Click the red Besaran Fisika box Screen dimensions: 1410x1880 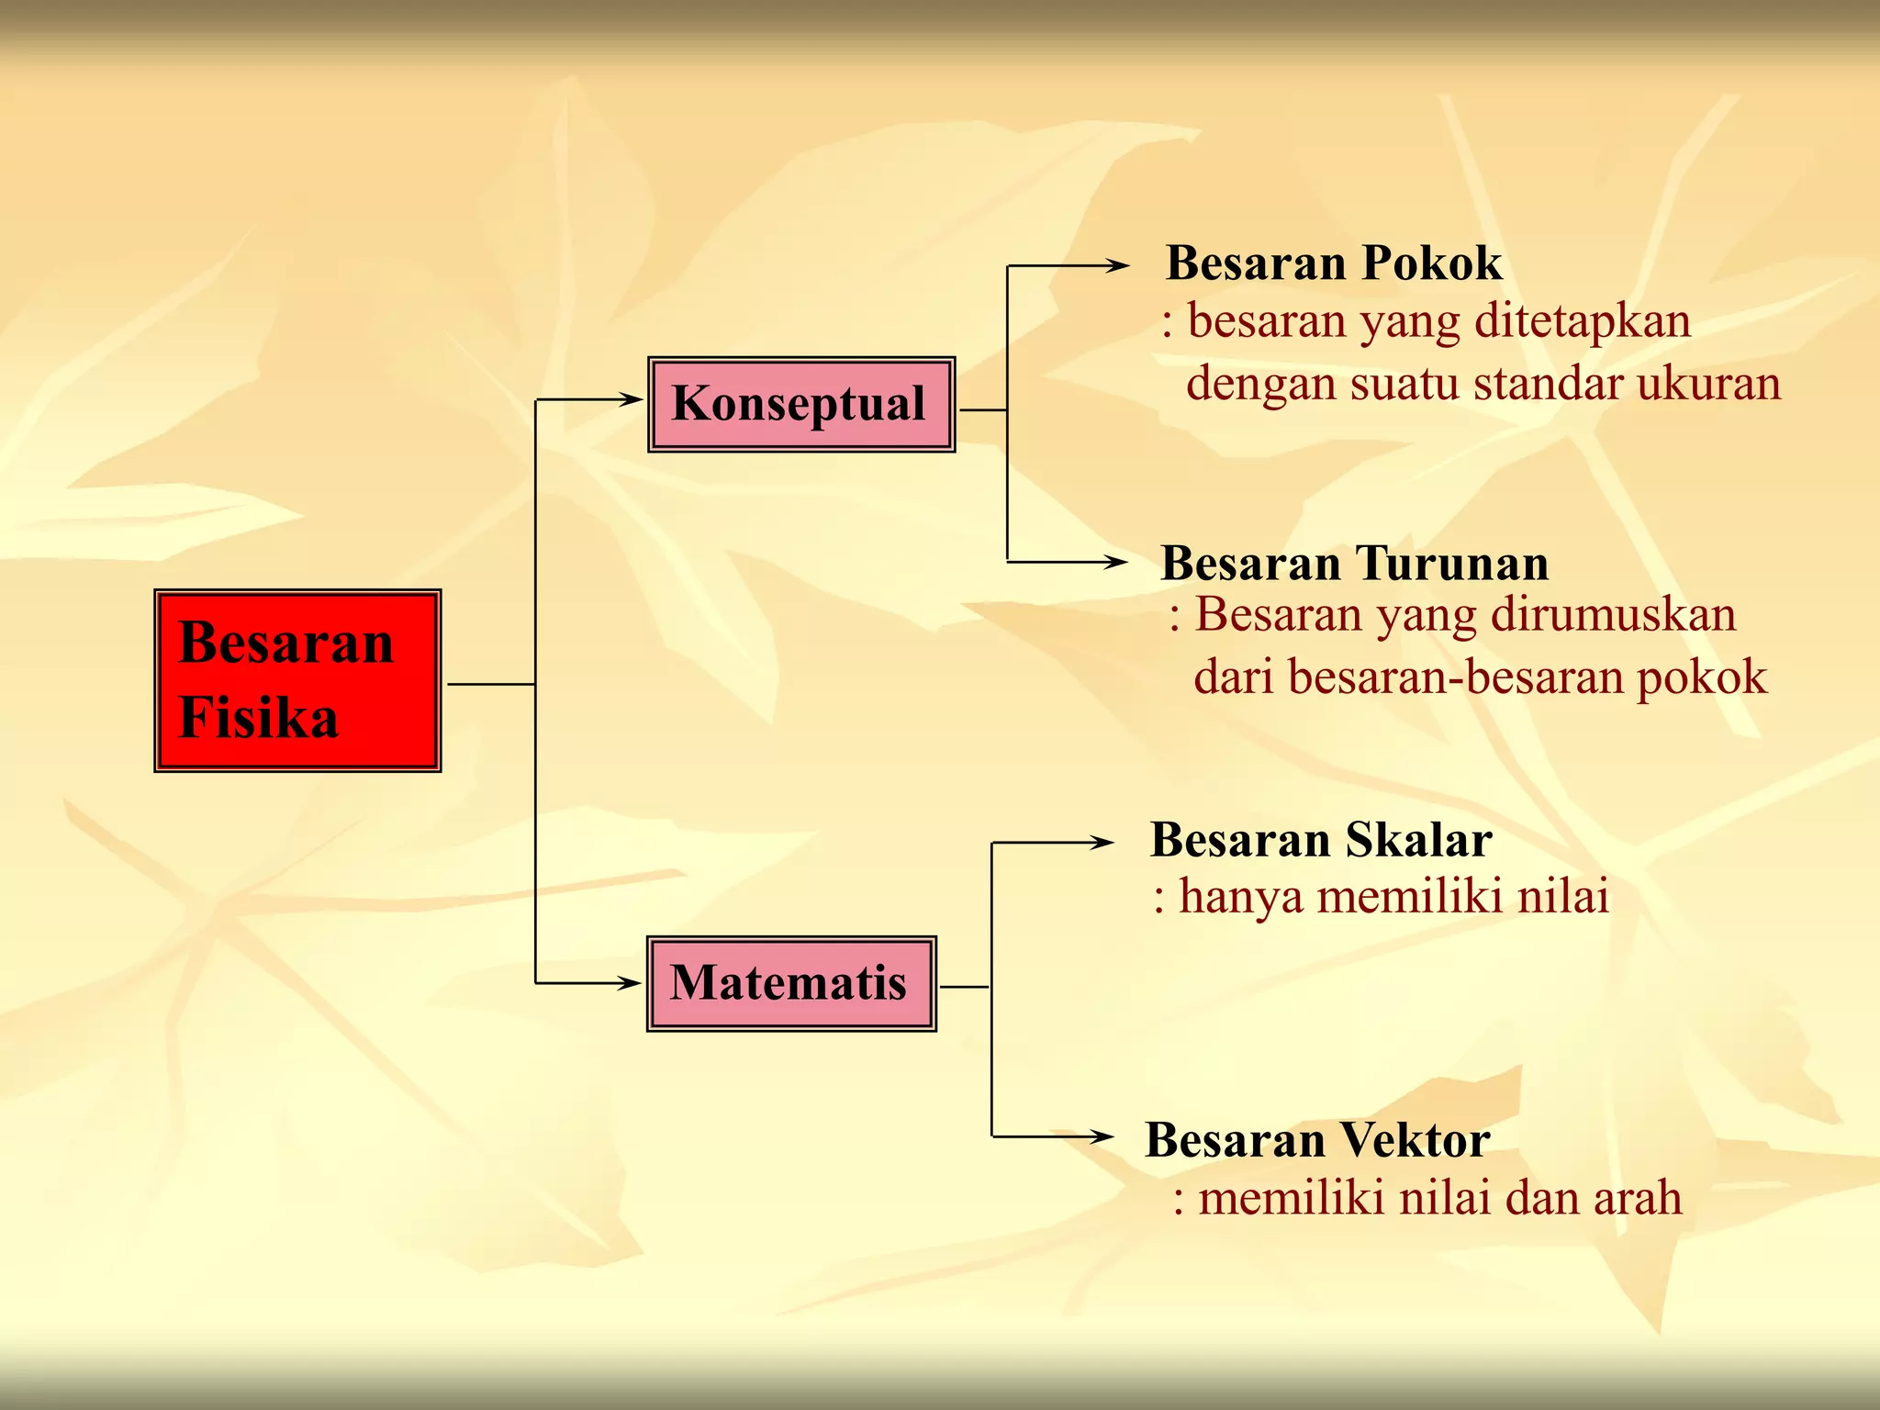(297, 680)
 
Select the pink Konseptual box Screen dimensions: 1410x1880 (801, 405)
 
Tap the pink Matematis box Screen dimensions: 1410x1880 (791, 984)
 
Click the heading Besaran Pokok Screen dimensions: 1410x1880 (1334, 263)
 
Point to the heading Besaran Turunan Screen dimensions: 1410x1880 (1354, 563)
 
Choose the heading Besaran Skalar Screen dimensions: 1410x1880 (1321, 839)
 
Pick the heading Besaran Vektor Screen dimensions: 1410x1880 (1317, 1140)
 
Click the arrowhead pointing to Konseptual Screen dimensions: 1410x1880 (631, 399)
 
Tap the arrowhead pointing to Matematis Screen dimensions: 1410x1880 (629, 983)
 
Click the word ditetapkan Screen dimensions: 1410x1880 (1582, 321)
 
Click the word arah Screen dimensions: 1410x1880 (1637, 1198)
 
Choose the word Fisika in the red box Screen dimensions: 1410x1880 (259, 717)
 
